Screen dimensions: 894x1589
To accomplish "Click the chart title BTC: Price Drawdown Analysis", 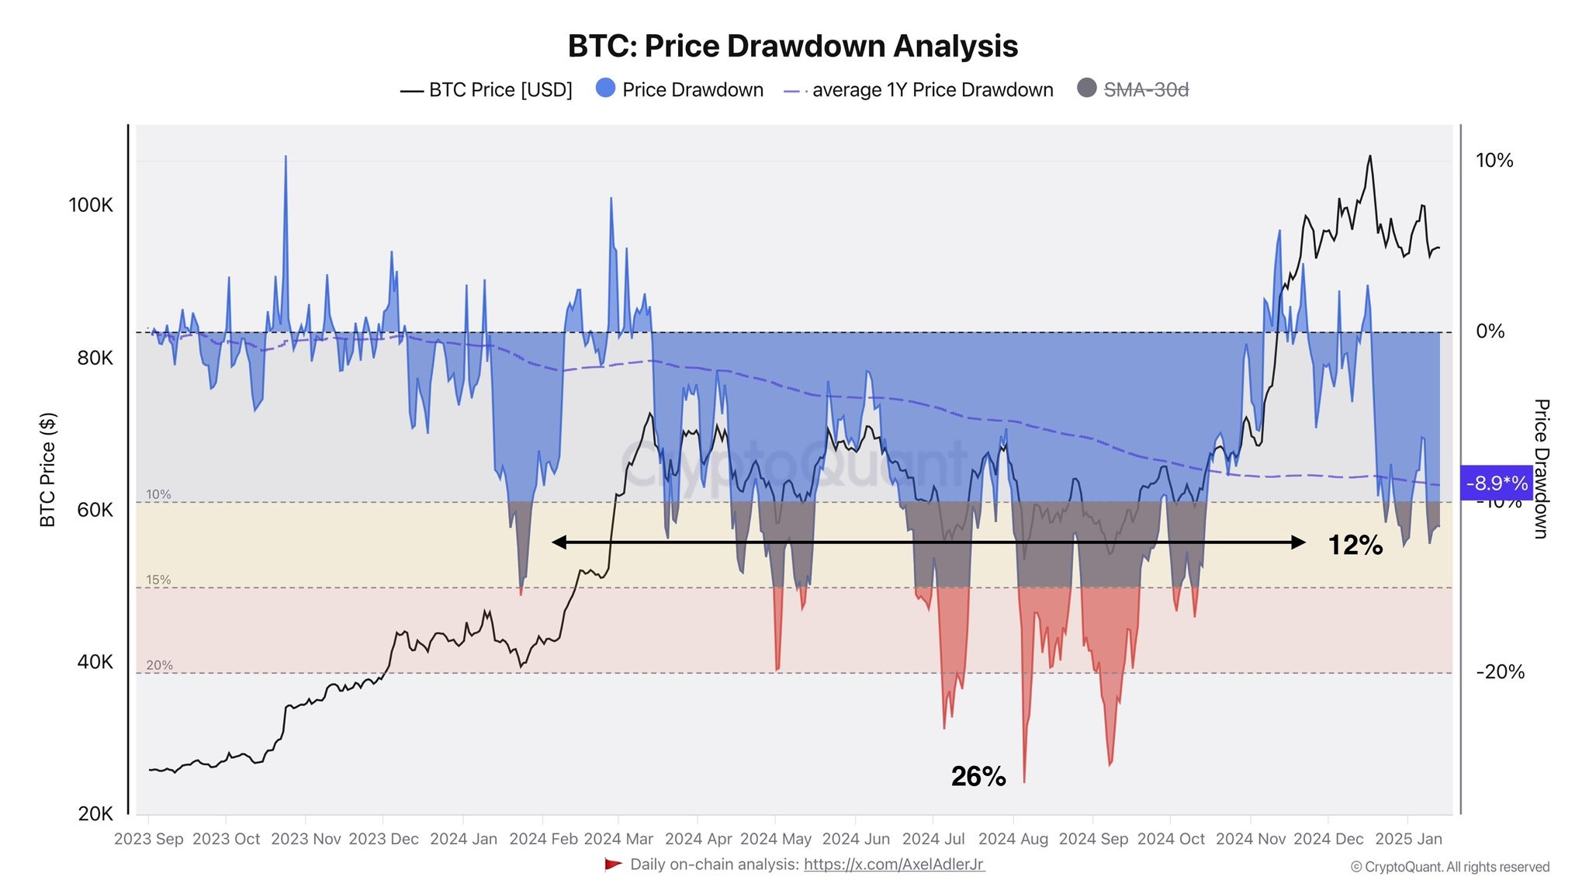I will [792, 46].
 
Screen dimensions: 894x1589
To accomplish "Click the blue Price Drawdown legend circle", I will [605, 88].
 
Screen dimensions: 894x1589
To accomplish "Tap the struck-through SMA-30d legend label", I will [1145, 90].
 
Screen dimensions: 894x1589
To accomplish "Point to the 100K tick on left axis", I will [90, 205].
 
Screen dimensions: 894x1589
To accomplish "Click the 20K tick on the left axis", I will [95, 813].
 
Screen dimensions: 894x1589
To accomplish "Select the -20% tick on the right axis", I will [1500, 672].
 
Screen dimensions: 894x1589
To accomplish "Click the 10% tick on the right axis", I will [1494, 161].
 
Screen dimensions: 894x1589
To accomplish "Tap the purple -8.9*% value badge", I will [1496, 483].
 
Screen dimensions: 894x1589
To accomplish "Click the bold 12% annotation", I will [1355, 545].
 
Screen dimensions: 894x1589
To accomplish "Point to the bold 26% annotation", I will [978, 776].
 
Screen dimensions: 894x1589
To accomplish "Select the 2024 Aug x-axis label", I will [1013, 839].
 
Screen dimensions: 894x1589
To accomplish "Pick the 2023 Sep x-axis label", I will [148, 839].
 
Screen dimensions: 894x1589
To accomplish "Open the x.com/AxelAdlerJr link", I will [894, 865].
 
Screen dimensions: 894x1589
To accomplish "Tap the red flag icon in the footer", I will [613, 865].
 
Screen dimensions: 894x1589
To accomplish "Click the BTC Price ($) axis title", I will [48, 470].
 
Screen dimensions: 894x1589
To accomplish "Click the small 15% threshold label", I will [158, 580].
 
